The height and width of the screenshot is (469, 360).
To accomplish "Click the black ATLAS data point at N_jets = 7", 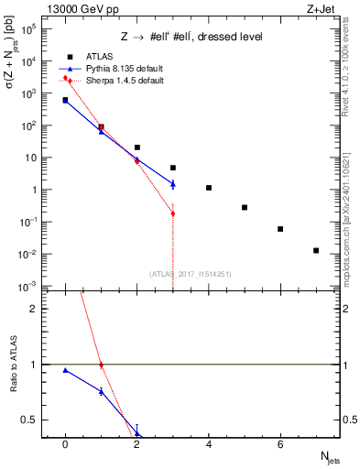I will (x=316, y=250).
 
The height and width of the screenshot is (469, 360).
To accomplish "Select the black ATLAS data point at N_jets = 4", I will (x=209, y=188).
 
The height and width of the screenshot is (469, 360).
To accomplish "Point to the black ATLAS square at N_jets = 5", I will (x=245, y=207).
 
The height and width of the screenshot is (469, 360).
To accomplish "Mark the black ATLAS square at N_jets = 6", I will (x=280, y=229).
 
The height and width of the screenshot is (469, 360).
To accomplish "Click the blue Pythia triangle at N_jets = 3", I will (x=173, y=184).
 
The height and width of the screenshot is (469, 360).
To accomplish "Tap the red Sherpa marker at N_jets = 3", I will (x=173, y=213).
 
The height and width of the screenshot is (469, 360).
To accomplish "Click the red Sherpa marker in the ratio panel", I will (x=101, y=365).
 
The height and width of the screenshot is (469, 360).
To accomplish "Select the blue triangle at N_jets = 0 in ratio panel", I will (x=65, y=370).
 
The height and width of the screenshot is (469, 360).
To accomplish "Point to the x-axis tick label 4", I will (x=209, y=444).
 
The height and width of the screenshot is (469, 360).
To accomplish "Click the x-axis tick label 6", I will (x=280, y=444).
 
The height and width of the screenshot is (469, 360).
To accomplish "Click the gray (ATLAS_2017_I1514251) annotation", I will (x=191, y=274).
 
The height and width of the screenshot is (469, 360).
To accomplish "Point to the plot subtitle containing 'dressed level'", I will (x=190, y=36).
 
